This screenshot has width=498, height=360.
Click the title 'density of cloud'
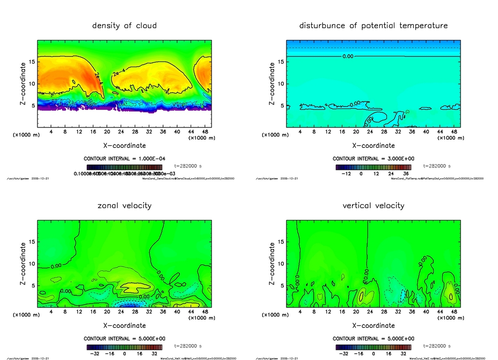click(x=124, y=25)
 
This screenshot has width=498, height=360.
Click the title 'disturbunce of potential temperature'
click(x=373, y=25)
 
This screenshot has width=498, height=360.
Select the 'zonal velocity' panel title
click(x=124, y=205)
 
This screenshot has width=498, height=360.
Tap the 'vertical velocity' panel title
click(x=373, y=205)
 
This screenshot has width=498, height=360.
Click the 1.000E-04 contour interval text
click(x=124, y=159)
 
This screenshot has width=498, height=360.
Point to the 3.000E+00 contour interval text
click(x=373, y=159)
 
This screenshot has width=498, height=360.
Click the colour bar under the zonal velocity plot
click(x=125, y=347)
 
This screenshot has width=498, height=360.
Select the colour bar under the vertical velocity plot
click(x=373, y=347)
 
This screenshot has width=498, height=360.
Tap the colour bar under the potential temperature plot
click(x=373, y=167)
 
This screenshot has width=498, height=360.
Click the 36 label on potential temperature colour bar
click(x=406, y=173)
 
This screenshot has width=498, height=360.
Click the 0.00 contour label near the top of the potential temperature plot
click(x=348, y=56)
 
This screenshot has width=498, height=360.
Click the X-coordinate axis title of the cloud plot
click(x=124, y=145)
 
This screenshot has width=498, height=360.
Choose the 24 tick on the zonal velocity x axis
click(x=121, y=312)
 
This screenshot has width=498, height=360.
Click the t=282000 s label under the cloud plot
click(x=188, y=166)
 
